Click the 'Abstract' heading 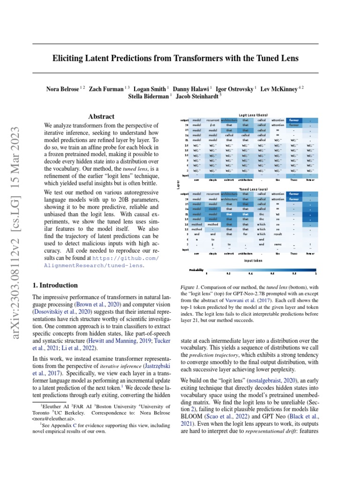[x=101, y=116]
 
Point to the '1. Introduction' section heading [x=54, y=285]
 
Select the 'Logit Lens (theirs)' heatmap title [x=253, y=115]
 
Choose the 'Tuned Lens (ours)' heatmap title [x=253, y=189]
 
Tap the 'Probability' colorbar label [x=196, y=270]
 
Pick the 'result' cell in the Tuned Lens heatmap [x=277, y=233]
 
